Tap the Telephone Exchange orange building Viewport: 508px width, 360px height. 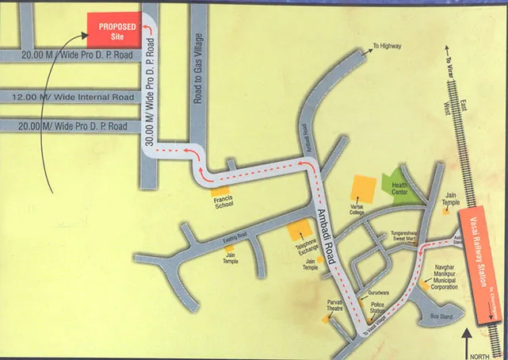click(x=300, y=231)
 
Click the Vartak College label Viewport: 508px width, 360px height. click(x=361, y=210)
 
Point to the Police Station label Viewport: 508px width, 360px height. click(x=377, y=308)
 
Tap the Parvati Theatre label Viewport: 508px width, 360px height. click(x=334, y=305)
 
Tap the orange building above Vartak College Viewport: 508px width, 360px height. click(x=364, y=188)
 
